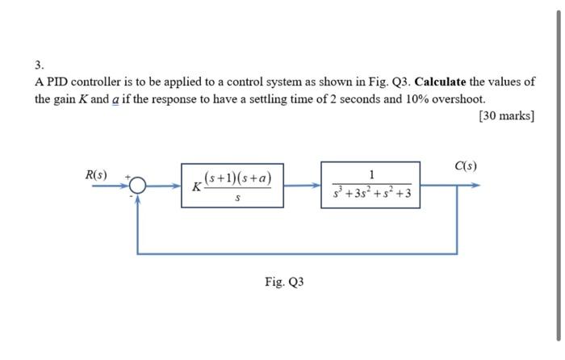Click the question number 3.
tap(39, 64)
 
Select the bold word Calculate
tap(440, 82)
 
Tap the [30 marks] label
tap(506, 115)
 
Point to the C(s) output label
tap(465, 166)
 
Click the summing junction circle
tap(138, 186)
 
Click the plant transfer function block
tap(370, 184)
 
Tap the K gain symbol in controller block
tap(195, 187)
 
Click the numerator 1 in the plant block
tap(370, 174)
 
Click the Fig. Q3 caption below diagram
tap(284, 282)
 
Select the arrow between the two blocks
tap(302, 185)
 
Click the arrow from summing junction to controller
tap(165, 186)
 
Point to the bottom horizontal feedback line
tap(299, 253)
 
